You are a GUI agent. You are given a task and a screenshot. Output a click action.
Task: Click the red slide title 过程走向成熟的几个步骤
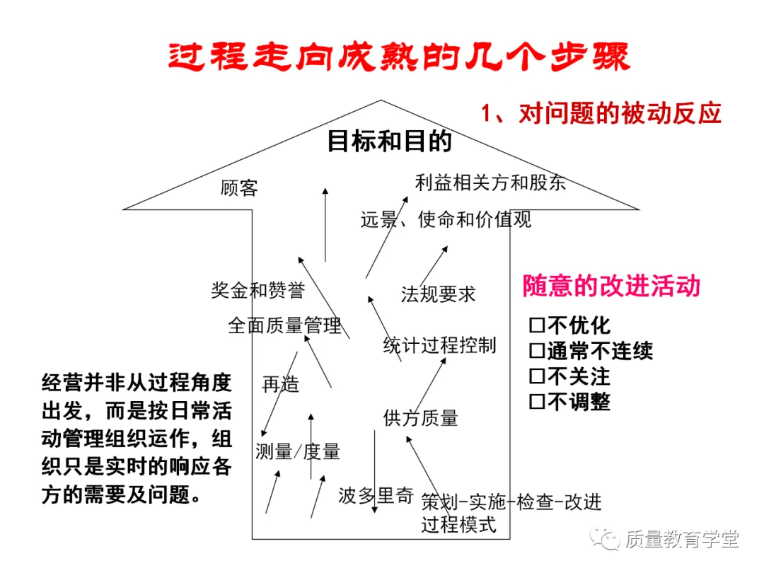(x=398, y=57)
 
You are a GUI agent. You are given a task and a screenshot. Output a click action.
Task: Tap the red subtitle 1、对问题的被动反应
(x=601, y=113)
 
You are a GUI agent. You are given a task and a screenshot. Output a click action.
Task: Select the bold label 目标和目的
(x=389, y=141)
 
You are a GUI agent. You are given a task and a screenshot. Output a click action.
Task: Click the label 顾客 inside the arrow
(x=239, y=188)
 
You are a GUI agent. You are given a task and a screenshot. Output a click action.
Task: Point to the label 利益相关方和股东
(x=491, y=183)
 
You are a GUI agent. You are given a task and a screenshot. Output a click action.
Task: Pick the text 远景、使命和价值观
(x=446, y=219)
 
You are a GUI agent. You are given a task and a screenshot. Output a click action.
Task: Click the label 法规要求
(x=438, y=294)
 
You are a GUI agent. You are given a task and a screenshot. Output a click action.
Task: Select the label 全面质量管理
(x=284, y=325)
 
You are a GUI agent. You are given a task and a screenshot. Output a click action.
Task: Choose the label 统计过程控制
(x=439, y=345)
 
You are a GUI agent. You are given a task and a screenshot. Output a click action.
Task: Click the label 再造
(x=281, y=384)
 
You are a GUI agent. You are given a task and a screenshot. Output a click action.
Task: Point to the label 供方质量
(x=420, y=418)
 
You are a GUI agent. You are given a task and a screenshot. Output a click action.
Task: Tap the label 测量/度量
(x=298, y=451)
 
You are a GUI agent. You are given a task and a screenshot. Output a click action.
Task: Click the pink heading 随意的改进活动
(x=611, y=286)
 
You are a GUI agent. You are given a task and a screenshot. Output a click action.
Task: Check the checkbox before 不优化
(x=537, y=325)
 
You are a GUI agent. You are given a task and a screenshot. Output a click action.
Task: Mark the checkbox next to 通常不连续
(x=537, y=351)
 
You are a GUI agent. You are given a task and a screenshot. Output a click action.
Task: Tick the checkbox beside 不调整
(x=537, y=402)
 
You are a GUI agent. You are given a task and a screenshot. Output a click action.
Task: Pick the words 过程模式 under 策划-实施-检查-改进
(x=458, y=524)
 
